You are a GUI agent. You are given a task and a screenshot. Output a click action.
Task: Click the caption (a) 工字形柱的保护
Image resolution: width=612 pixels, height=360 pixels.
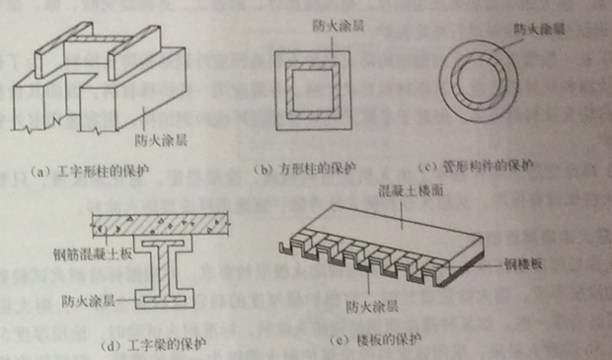tap(90, 172)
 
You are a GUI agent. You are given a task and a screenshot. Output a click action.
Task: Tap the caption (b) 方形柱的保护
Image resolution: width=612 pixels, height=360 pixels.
tap(305, 170)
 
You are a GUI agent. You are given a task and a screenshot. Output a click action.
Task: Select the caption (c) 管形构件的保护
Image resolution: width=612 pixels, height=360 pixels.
tap(475, 167)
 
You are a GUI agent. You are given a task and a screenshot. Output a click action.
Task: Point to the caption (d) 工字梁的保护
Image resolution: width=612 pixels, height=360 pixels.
tap(153, 345)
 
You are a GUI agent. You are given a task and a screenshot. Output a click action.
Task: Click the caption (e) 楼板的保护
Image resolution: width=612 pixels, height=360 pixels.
tap(375, 340)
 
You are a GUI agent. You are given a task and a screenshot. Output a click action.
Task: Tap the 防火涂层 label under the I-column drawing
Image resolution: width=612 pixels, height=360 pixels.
tap(161, 140)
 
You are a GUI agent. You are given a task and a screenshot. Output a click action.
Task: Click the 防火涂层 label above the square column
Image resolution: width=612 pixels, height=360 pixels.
tap(339, 26)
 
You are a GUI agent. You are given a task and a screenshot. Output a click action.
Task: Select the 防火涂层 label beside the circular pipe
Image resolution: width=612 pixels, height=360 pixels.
tap(539, 30)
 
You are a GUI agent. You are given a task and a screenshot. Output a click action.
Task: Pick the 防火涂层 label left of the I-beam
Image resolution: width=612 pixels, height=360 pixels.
tap(88, 301)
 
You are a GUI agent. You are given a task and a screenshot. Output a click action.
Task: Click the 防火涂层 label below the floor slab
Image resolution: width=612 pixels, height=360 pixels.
tap(371, 307)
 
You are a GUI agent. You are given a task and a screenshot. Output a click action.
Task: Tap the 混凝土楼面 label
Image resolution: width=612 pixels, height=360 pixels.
tap(411, 190)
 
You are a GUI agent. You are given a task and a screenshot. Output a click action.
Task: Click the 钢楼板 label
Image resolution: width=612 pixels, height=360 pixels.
tap(523, 264)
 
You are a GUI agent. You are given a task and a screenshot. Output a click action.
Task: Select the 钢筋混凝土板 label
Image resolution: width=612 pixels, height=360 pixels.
tap(93, 254)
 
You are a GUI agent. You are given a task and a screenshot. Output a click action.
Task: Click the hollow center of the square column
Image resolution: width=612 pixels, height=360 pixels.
tap(313, 91)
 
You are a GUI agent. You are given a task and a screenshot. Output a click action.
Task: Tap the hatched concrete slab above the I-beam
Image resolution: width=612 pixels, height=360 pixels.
tap(160, 226)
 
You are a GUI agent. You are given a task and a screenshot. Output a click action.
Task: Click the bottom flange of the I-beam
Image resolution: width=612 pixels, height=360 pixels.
tap(164, 299)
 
